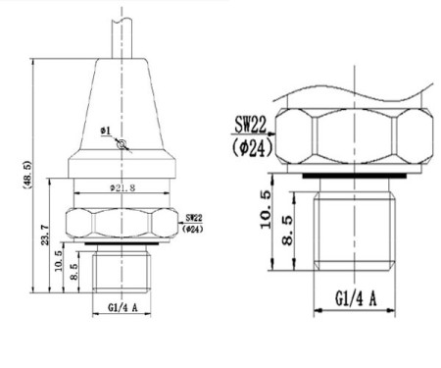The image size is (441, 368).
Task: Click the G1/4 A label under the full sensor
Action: [x=122, y=307]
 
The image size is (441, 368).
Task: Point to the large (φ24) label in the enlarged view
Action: [x=254, y=148]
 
